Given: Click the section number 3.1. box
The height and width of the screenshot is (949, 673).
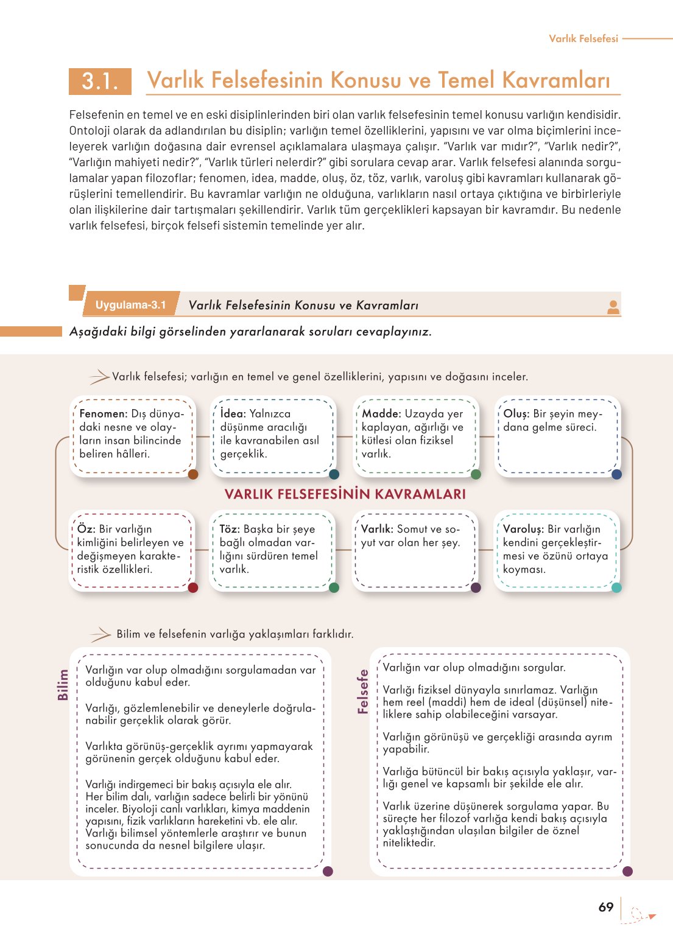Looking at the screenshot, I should coord(100,81).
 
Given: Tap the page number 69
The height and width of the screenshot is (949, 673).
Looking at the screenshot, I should coord(605,907).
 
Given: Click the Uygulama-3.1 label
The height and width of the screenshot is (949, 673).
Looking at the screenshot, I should coord(130,305).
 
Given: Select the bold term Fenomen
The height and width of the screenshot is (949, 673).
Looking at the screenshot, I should coord(104,414).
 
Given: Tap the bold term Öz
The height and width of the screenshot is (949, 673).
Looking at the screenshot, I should coord(86,530).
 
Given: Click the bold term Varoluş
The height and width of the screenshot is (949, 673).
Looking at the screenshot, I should coord(523,530).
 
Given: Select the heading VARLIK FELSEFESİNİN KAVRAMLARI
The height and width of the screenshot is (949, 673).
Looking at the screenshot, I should coord(345,494).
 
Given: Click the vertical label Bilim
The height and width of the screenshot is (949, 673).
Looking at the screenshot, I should coord(63,684).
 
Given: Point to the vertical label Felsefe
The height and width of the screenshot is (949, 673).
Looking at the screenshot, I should coord(363,692).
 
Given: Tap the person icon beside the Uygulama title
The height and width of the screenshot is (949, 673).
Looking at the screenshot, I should coord(613,307).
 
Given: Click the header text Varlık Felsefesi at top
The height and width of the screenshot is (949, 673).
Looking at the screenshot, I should coord(583,38).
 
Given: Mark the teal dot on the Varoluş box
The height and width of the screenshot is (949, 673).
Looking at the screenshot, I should coord(616,587).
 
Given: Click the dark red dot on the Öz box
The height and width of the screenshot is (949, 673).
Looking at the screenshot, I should coord(193,587).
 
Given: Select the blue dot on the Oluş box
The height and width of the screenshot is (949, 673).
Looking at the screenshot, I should coord(616,474).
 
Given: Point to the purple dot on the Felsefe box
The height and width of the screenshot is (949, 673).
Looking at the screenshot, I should coord(627,871).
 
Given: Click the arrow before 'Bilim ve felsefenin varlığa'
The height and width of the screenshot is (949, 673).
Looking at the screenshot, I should coord(100,635).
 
